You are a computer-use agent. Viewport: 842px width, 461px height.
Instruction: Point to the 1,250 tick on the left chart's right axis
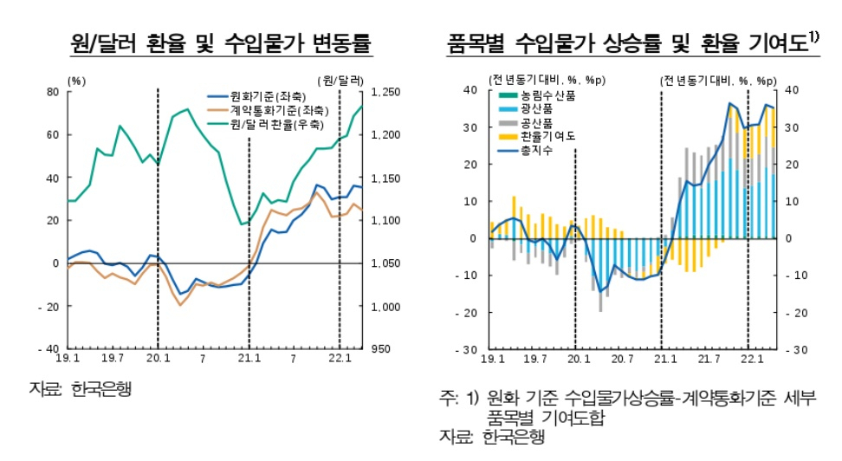tap(386, 93)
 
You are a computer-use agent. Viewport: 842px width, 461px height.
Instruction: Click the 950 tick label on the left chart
tap(381, 349)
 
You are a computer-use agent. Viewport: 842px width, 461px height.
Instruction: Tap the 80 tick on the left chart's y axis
tap(53, 92)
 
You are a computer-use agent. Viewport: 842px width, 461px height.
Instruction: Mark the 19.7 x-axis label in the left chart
tap(113, 358)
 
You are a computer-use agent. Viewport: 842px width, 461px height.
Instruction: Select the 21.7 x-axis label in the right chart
tap(709, 359)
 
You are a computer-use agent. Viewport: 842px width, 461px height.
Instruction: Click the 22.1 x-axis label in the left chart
tap(340, 358)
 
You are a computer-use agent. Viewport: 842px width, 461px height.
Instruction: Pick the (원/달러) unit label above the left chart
tap(340, 81)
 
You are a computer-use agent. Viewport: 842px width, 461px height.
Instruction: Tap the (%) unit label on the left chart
tap(76, 81)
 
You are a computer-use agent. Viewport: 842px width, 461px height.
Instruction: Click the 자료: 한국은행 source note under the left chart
tap(80, 389)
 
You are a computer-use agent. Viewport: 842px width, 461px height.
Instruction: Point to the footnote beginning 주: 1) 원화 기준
tap(628, 407)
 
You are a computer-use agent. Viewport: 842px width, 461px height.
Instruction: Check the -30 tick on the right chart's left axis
tap(466, 350)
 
